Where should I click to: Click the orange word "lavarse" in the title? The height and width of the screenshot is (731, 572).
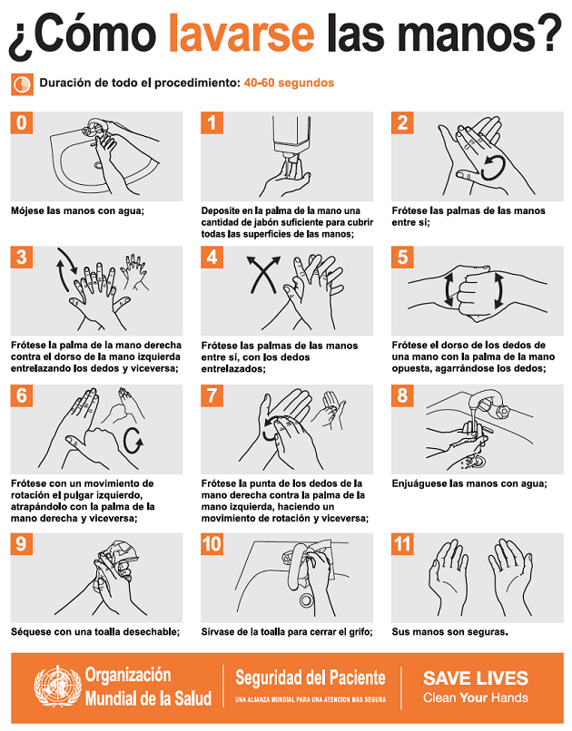(x=242, y=33)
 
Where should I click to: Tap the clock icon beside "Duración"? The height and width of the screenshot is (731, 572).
(x=22, y=84)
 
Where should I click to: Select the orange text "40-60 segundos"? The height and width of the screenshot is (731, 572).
(x=289, y=83)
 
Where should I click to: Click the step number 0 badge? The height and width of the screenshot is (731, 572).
(x=22, y=122)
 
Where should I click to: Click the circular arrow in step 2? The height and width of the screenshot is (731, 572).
(x=493, y=168)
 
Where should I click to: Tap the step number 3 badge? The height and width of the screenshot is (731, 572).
(x=22, y=258)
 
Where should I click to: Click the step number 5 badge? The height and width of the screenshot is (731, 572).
(x=402, y=258)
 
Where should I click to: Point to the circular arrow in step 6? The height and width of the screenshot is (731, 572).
(x=133, y=440)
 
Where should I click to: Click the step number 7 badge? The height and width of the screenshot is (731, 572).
(x=212, y=395)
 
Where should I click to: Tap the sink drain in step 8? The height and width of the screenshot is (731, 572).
(x=477, y=462)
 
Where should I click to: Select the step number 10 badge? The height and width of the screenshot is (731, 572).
(x=212, y=544)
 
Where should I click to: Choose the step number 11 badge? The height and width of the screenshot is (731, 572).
(x=402, y=544)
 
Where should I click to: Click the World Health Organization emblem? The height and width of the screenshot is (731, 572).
(x=57, y=687)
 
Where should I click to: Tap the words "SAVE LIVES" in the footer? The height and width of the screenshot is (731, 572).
(x=476, y=677)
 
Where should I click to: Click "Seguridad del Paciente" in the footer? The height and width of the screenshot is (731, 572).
(x=311, y=677)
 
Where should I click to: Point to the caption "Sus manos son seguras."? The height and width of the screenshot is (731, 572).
(x=449, y=632)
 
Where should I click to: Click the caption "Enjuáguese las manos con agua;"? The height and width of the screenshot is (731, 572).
(x=469, y=484)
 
